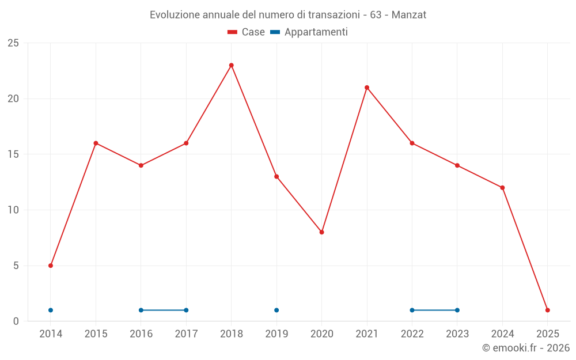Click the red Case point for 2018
[x=232, y=65]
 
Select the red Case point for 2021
[x=367, y=88]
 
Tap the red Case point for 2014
[x=51, y=266]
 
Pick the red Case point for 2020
[x=322, y=232]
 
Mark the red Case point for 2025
[x=548, y=310]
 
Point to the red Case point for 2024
[x=502, y=188]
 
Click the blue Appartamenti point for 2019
[x=276, y=310]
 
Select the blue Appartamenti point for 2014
[x=51, y=310]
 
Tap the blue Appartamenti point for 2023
[x=457, y=310]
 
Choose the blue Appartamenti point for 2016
[x=141, y=310]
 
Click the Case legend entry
[x=247, y=32]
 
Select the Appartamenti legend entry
[x=309, y=32]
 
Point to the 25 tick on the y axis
[x=13, y=43]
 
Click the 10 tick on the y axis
[x=13, y=210]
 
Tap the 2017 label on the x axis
[x=186, y=334]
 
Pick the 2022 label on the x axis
[x=412, y=334]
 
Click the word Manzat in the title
[x=409, y=15]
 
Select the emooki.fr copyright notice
[x=525, y=348]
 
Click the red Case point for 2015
[x=96, y=143]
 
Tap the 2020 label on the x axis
[x=322, y=334]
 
